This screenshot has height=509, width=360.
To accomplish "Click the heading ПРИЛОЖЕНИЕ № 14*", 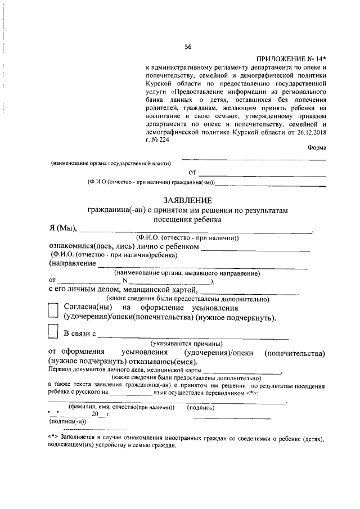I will tap(291, 59).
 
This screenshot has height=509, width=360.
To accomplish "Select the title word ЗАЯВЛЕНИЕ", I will tap(188, 200).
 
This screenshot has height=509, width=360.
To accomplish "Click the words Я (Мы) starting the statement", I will tap(62, 228).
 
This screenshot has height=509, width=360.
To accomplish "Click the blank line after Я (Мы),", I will tap(197, 231).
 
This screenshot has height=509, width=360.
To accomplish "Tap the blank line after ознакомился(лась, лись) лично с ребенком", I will tap(256, 249).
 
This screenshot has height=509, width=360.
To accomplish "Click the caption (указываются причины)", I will tap(186, 343).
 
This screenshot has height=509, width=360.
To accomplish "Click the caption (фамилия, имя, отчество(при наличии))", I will tap(121, 407).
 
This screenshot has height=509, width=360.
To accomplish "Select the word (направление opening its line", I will tap(72, 264).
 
